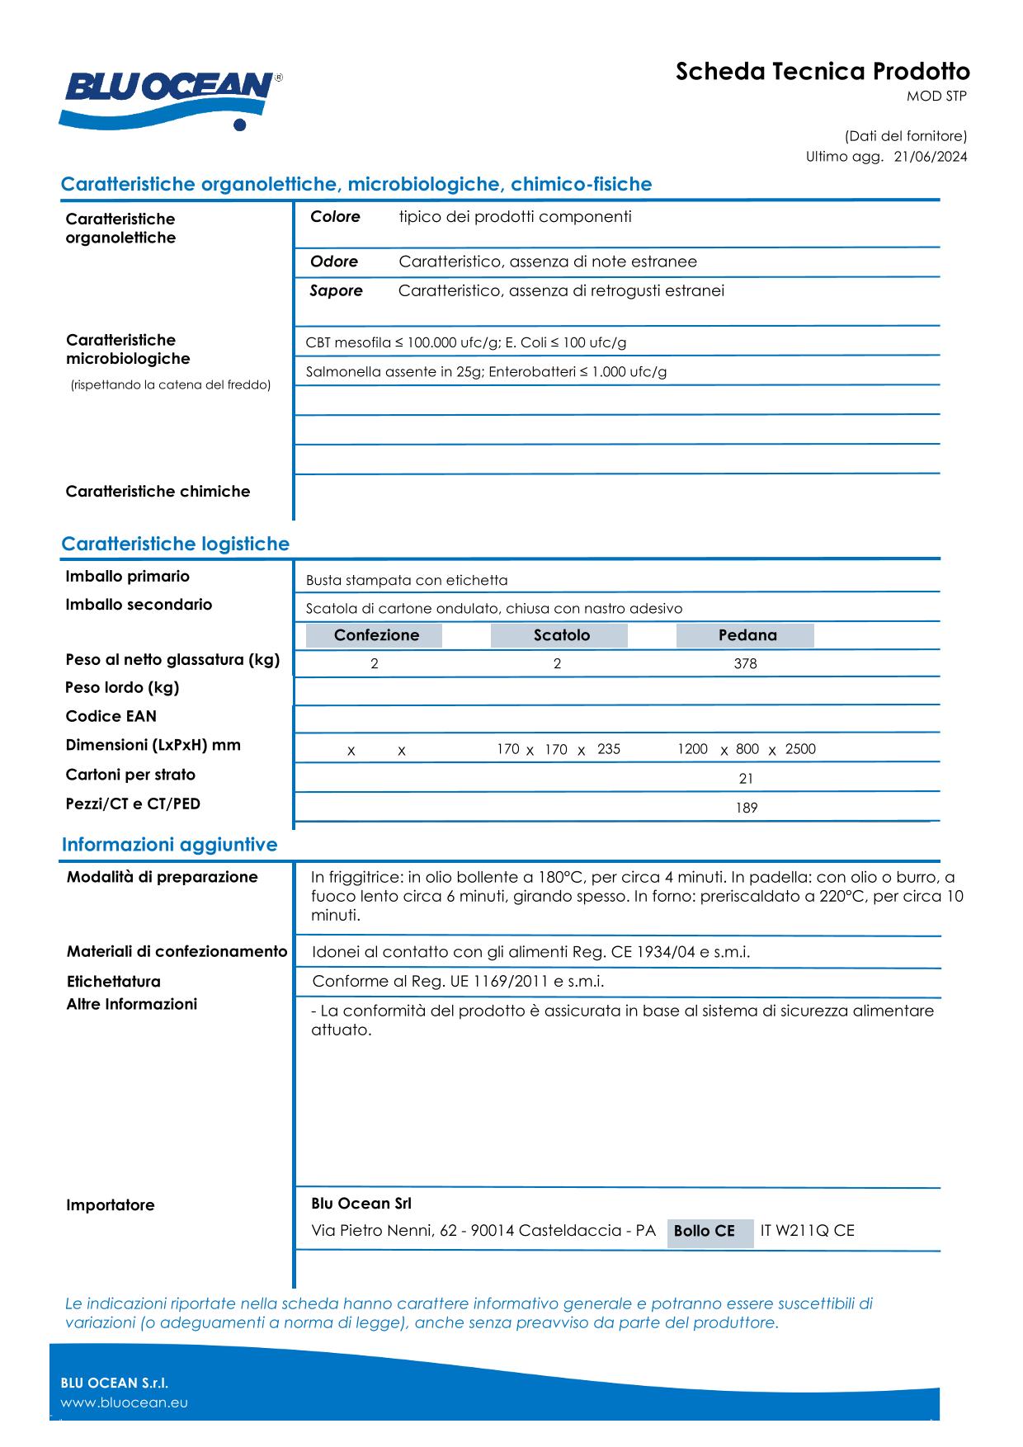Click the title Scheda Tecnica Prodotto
(x=823, y=72)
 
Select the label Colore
(x=335, y=217)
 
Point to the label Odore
(x=333, y=262)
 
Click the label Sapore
(x=336, y=290)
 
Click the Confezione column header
(x=375, y=635)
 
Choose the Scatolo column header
(x=561, y=635)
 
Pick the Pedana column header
(x=747, y=635)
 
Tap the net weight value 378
(x=745, y=664)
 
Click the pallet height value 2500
(x=799, y=749)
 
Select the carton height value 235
(x=608, y=749)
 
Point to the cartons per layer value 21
(x=746, y=779)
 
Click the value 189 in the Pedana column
(x=746, y=808)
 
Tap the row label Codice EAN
(x=111, y=716)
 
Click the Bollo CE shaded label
(x=704, y=1231)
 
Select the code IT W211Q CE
(x=807, y=1231)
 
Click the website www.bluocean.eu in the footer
(x=124, y=1402)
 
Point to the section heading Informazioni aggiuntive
(x=169, y=845)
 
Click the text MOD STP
(x=936, y=97)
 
